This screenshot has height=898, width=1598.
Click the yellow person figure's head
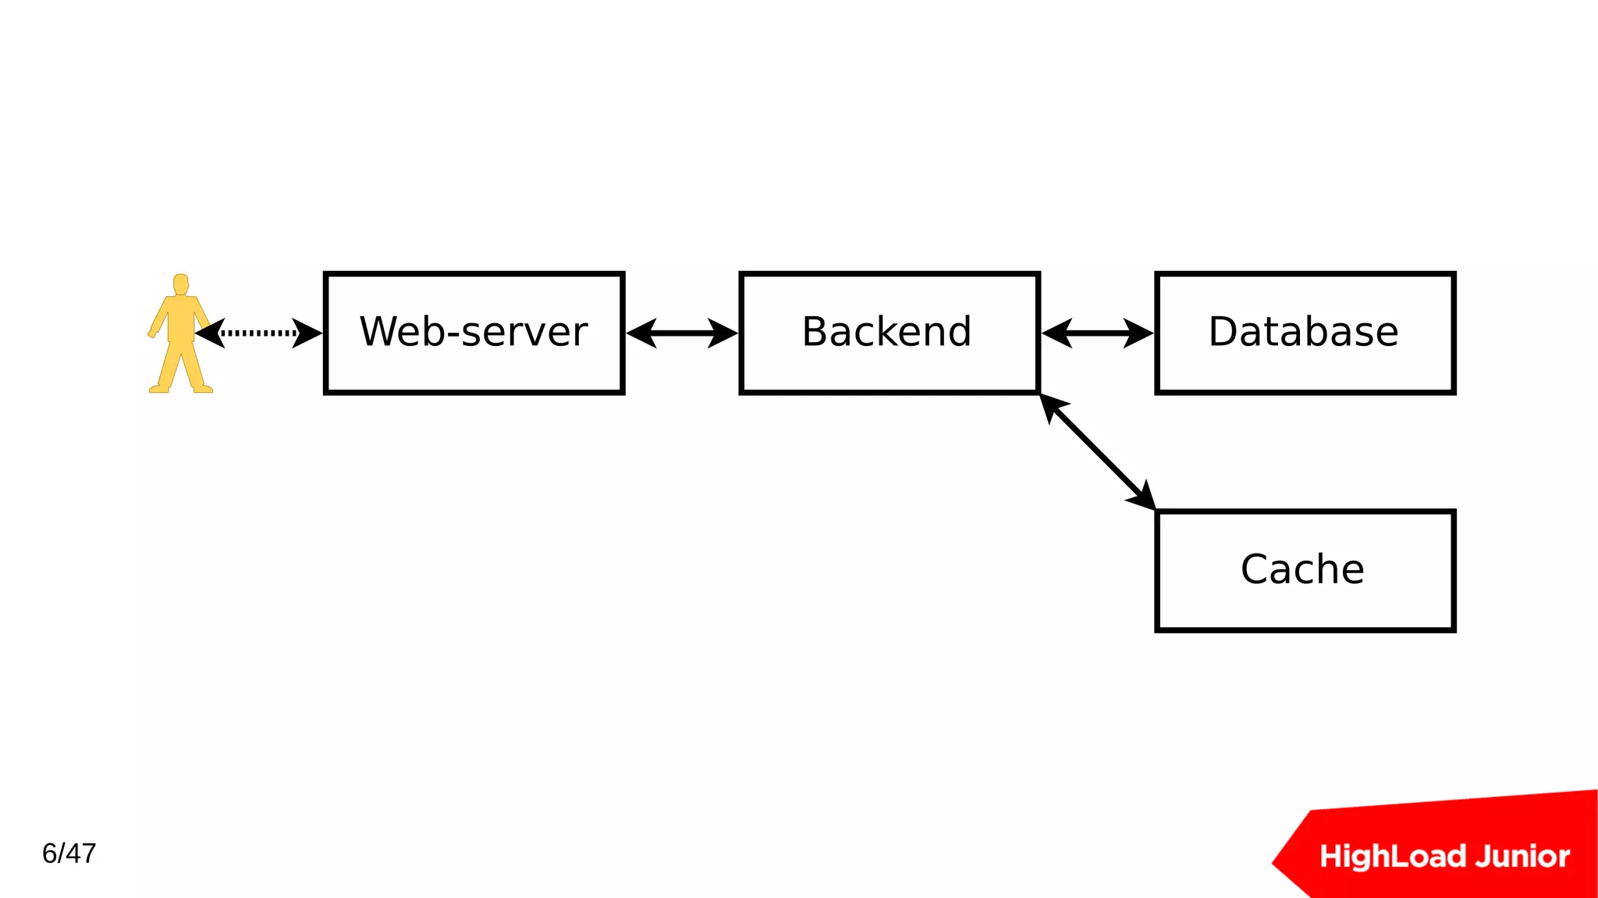point(181,283)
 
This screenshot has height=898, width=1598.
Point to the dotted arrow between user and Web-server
point(257,333)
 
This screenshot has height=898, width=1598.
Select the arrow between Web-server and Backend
point(681,333)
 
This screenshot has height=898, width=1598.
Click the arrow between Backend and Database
point(1097,333)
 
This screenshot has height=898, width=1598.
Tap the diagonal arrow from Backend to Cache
point(1097,451)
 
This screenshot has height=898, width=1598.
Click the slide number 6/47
point(69,853)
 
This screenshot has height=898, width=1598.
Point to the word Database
point(1303,332)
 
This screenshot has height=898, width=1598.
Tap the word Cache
point(1302,569)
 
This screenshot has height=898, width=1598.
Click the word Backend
point(886,332)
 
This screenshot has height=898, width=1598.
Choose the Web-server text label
point(473,332)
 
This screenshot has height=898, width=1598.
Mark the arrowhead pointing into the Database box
point(1139,333)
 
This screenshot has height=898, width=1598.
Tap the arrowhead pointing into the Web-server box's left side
point(307,333)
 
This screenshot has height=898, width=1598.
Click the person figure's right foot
point(159,388)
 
